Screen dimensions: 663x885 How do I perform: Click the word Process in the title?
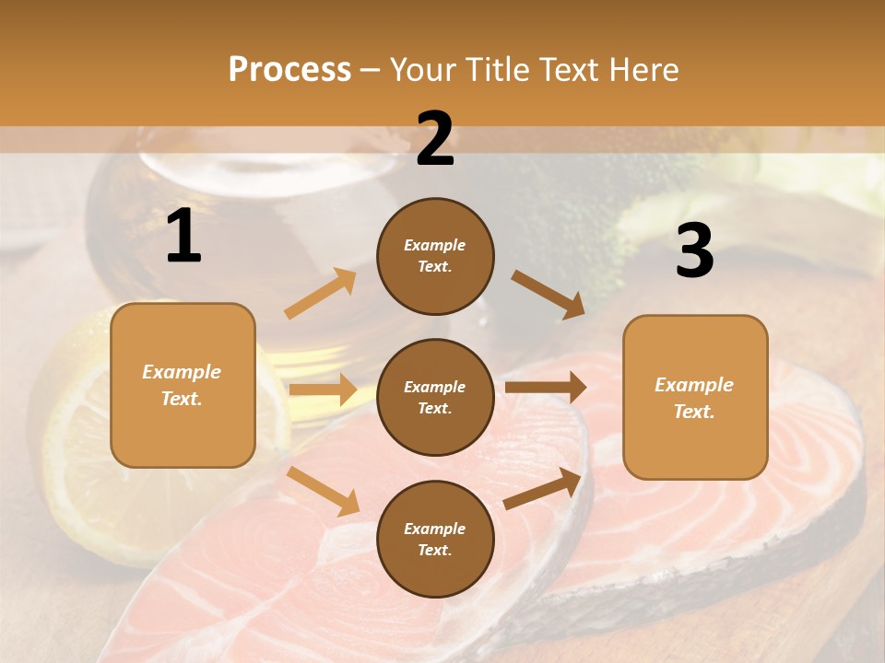tap(289, 70)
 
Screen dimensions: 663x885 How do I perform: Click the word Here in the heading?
tap(643, 70)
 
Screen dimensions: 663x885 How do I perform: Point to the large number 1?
tap(183, 237)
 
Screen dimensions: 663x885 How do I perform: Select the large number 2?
tap(435, 139)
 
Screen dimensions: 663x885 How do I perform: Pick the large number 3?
tap(695, 251)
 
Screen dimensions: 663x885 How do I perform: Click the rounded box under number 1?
tap(183, 385)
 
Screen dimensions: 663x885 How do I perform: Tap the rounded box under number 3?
tap(695, 397)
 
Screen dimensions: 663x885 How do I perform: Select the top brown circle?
tap(435, 255)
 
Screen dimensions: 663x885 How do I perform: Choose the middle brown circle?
tap(435, 397)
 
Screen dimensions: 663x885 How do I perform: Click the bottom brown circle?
tap(435, 539)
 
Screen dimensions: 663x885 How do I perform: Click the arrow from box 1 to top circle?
tap(321, 294)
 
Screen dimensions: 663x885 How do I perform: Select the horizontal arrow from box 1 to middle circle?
tap(323, 390)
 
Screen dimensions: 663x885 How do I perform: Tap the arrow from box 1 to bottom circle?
tap(324, 491)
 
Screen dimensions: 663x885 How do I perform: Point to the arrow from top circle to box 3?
tap(548, 294)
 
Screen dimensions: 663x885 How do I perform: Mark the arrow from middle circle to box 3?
tap(546, 388)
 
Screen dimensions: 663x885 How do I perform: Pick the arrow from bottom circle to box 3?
tap(543, 488)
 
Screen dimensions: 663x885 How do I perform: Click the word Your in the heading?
tap(423, 70)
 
